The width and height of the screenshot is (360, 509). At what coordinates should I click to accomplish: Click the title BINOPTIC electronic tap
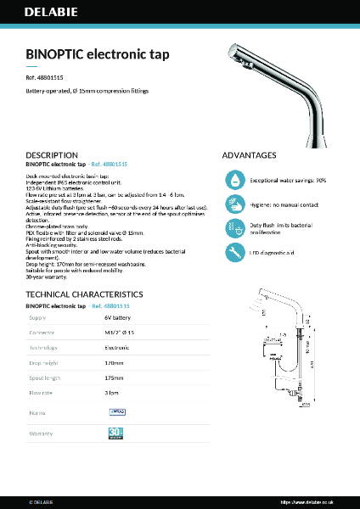[x=98, y=54]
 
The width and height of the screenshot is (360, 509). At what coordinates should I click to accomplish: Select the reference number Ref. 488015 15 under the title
[x=45, y=77]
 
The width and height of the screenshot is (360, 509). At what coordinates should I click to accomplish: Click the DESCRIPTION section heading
[x=52, y=155]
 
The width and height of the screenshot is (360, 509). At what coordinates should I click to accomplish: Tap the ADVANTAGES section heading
[x=249, y=155]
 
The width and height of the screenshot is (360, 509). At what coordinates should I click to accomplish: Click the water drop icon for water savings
[x=235, y=180]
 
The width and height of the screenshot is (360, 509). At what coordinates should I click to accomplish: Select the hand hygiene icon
[x=235, y=204]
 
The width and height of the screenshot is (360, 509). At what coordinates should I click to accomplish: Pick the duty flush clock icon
[x=235, y=228]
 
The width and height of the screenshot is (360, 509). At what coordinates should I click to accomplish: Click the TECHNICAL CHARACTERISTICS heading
[x=84, y=294]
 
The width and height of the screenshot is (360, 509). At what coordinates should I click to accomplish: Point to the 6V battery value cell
[x=118, y=317]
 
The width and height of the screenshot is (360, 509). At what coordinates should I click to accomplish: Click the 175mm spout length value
[x=114, y=378]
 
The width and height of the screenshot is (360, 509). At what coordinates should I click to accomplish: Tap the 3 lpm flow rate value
[x=111, y=394]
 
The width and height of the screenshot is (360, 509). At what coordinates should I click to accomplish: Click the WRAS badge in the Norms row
[x=117, y=411]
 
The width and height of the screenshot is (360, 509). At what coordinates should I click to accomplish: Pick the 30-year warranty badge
[x=116, y=433]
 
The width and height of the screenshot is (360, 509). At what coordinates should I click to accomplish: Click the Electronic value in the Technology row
[x=117, y=348]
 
